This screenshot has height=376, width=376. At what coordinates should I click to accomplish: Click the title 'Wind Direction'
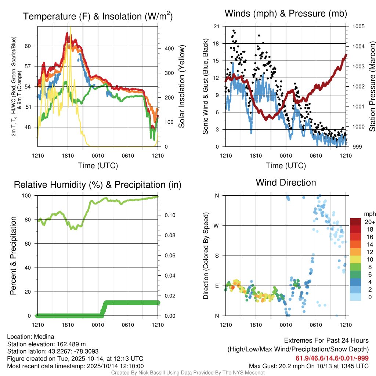tap(286, 182)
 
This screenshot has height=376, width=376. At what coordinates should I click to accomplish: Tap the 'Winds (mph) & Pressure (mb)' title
tap(286, 14)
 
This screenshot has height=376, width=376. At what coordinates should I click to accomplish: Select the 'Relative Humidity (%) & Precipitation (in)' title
tap(98, 185)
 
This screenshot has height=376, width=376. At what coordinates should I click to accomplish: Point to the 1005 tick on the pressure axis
tap(358, 26)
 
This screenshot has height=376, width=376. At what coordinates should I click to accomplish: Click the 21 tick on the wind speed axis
tap(216, 26)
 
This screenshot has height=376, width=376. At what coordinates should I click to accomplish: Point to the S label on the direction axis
tap(217, 256)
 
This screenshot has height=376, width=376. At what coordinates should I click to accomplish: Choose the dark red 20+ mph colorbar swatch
tap(356, 222)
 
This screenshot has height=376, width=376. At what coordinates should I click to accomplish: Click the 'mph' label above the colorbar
tap(369, 214)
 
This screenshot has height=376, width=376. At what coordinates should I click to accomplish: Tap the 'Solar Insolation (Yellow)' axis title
tap(182, 87)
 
